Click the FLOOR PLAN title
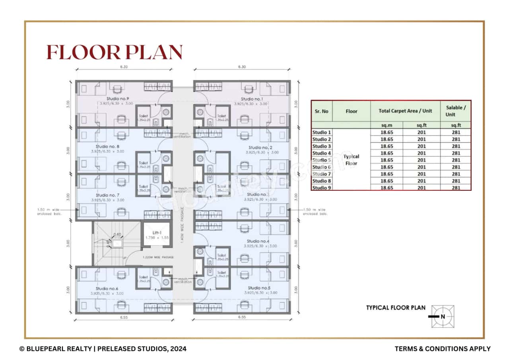tap(115, 52)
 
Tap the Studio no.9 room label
tap(118, 99)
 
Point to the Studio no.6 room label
tap(107, 288)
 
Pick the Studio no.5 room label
tap(259, 288)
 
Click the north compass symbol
tap(443, 316)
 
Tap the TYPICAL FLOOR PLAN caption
tap(396, 308)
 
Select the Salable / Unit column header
tap(455, 111)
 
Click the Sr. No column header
tap(321, 111)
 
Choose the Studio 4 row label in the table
tap(321, 153)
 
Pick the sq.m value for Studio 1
tap(387, 132)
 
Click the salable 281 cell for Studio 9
tap(456, 188)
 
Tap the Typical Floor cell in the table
tap(351, 160)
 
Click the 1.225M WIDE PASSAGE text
tap(158, 257)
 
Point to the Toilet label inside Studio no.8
tap(143, 163)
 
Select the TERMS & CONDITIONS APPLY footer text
tap(442, 348)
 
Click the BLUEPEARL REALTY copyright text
tap(103, 348)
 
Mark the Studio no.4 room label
tap(258, 241)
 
